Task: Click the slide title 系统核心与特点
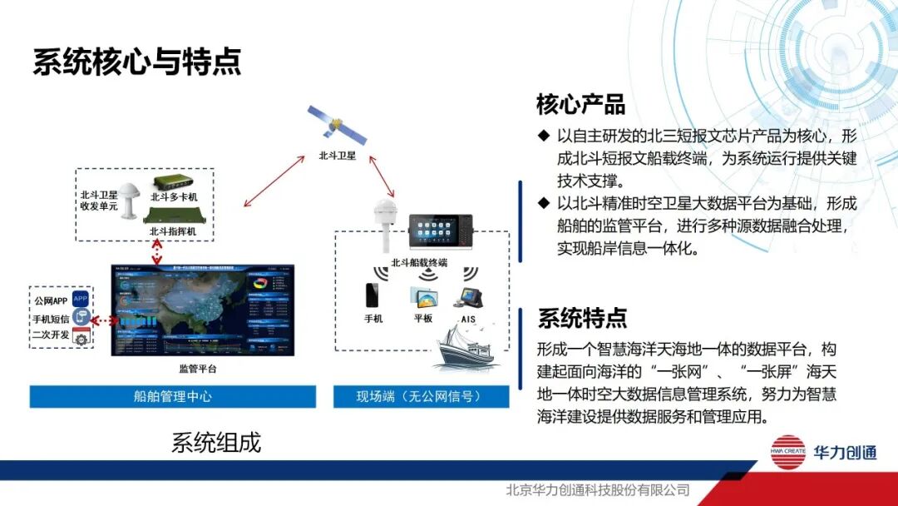click(137, 62)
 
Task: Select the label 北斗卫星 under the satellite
click(337, 156)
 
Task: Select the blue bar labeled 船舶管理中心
click(173, 396)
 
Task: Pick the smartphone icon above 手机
click(373, 295)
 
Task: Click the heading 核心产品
click(580, 106)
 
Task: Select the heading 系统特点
click(582, 318)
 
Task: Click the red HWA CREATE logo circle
click(787, 453)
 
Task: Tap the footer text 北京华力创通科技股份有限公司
click(598, 490)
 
